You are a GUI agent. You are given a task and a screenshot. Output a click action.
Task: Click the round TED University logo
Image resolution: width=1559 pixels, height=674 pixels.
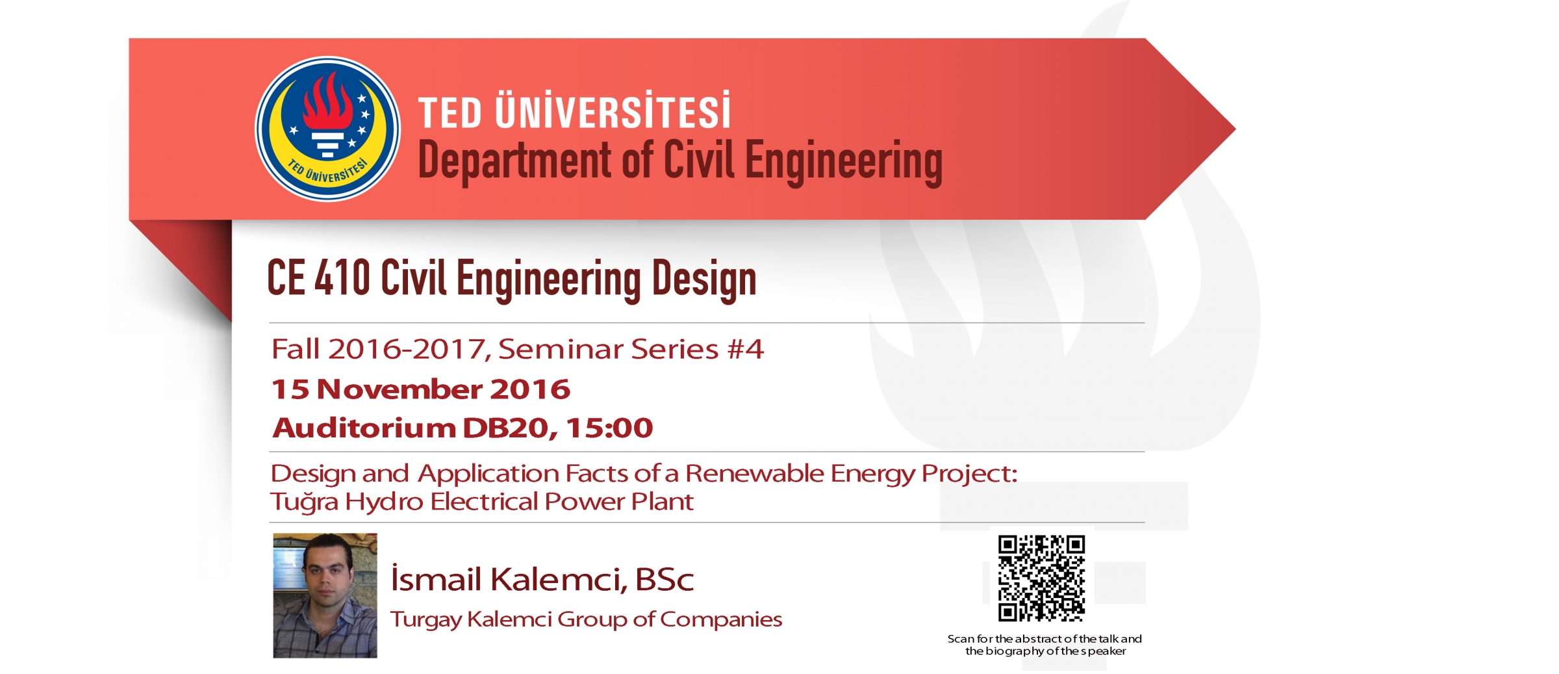(x=327, y=129)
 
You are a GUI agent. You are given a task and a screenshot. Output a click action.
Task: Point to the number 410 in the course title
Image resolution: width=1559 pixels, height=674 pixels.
(x=342, y=278)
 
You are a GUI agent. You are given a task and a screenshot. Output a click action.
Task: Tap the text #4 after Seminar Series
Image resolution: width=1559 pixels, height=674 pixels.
(x=745, y=349)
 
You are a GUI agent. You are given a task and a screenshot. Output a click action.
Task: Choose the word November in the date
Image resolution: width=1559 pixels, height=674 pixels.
(x=399, y=389)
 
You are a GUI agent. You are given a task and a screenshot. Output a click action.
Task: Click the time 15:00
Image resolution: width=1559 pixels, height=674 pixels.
(x=609, y=428)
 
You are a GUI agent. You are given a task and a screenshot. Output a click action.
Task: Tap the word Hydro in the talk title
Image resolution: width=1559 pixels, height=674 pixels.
(x=384, y=502)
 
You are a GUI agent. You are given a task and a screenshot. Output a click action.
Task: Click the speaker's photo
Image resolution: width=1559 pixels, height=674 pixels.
(x=325, y=595)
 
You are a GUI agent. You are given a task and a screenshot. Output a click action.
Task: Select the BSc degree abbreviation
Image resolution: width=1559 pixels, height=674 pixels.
(x=665, y=579)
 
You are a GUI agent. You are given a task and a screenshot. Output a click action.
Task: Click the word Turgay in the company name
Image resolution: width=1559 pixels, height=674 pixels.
(x=425, y=620)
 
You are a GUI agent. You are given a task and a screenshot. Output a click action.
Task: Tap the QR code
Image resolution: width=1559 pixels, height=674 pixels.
(x=1041, y=578)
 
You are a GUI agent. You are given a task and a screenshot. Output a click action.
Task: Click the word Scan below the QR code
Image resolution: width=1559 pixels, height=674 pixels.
(x=961, y=639)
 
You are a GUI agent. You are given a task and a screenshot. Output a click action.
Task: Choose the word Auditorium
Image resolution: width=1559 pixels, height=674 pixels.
(x=364, y=428)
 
